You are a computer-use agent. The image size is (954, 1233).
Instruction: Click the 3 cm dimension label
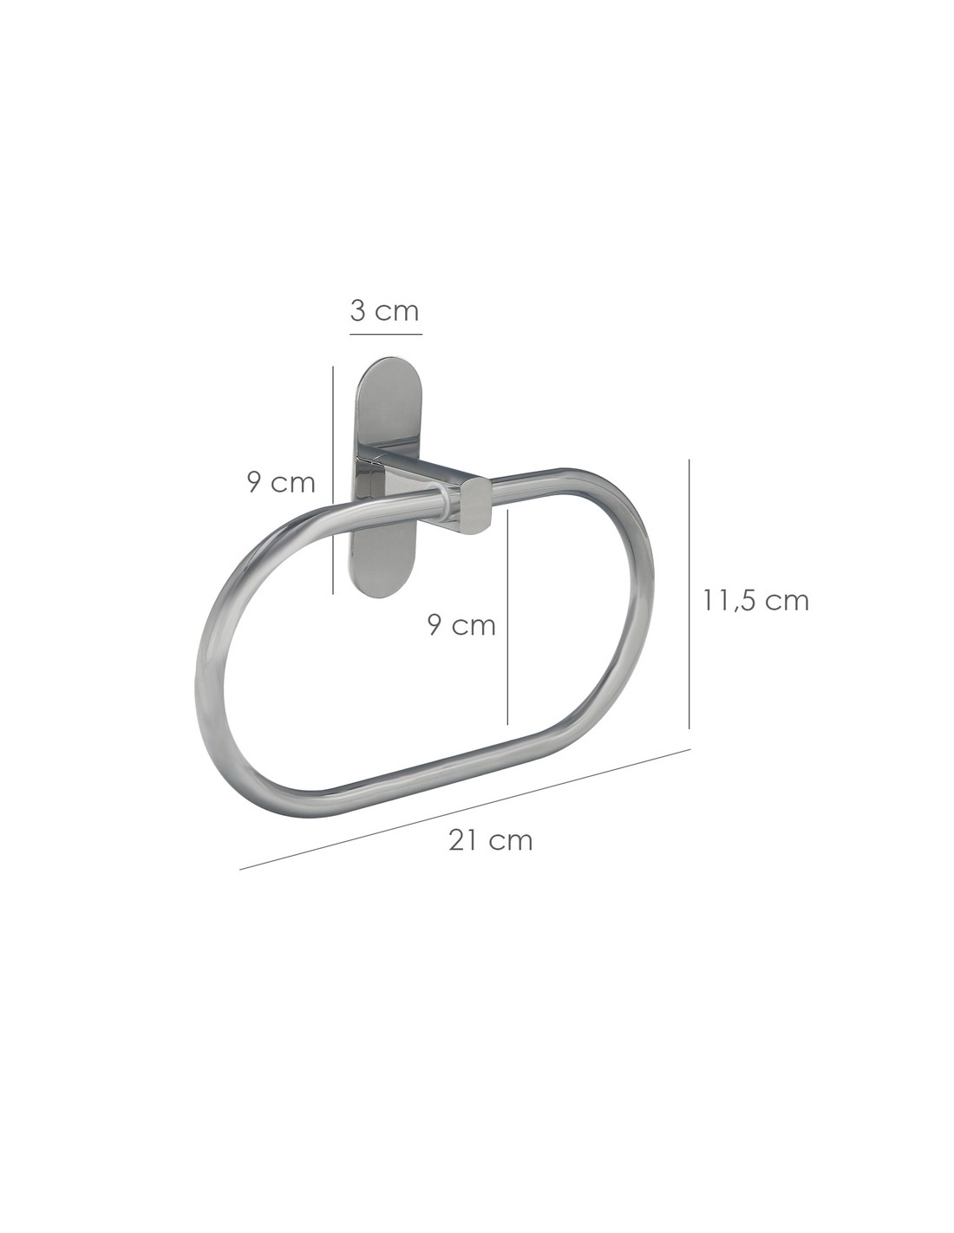[x=384, y=311]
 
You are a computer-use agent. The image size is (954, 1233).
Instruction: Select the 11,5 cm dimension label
[x=756, y=600]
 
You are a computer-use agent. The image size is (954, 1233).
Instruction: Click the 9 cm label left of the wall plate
[x=281, y=483]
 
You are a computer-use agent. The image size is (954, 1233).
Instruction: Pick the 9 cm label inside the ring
[x=461, y=625]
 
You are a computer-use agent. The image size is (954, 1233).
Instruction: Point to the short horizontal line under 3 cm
[x=386, y=334]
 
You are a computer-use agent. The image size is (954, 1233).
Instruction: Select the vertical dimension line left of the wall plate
[x=333, y=480]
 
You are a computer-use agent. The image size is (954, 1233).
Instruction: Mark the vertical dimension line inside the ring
[x=507, y=617]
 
